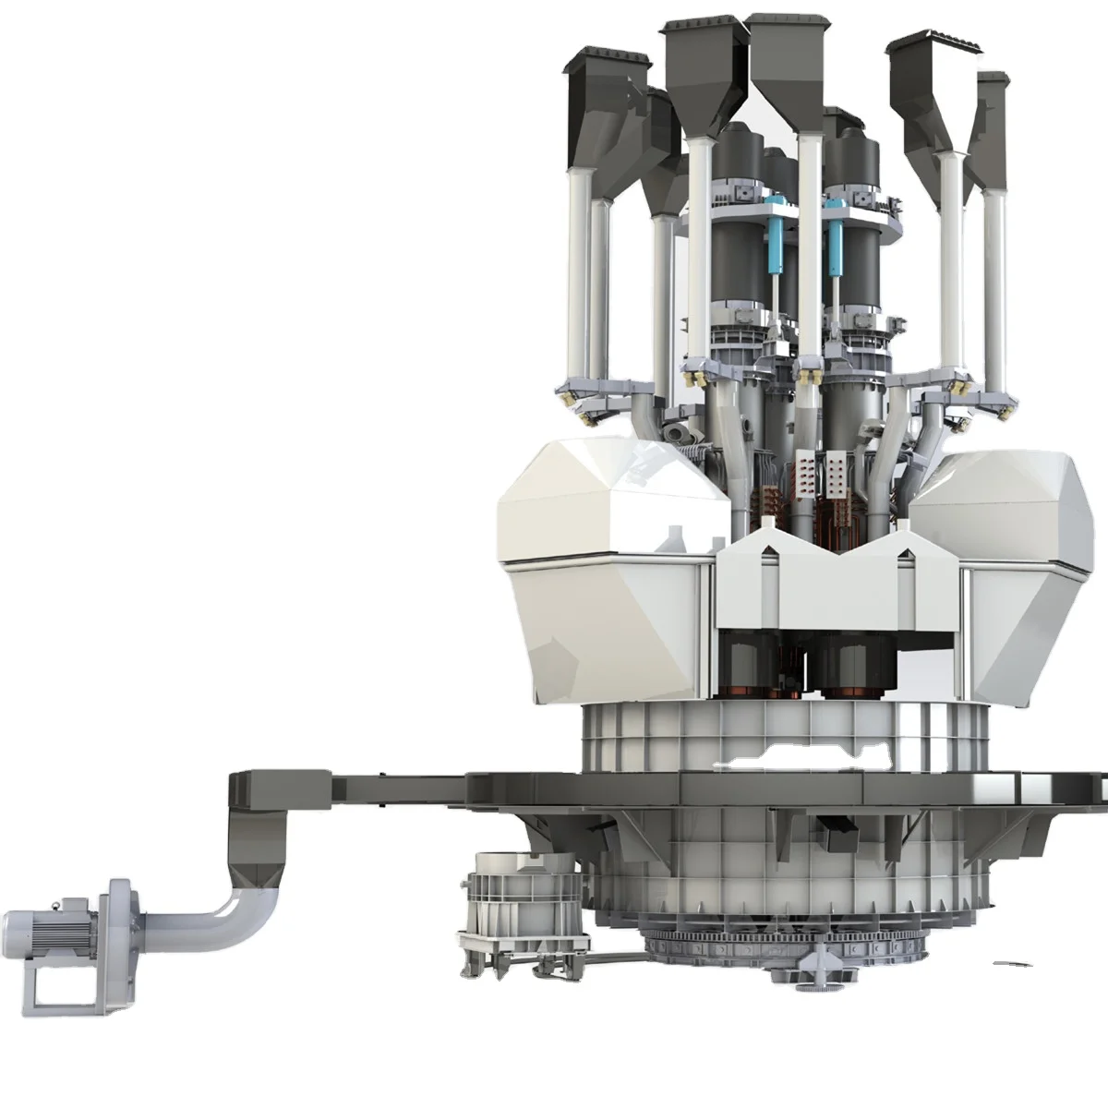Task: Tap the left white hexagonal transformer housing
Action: pyautogui.click(x=614, y=563)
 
